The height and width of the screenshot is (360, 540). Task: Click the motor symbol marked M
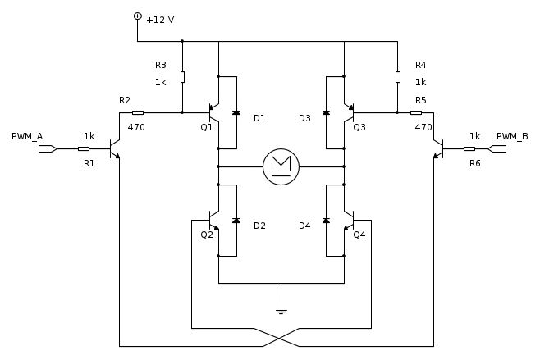281,167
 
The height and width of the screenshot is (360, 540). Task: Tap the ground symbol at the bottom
281,312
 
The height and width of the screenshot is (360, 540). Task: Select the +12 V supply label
160,20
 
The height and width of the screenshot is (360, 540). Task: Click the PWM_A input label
27,137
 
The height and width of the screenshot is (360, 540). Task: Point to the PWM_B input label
512,137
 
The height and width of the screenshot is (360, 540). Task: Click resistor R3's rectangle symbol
182,77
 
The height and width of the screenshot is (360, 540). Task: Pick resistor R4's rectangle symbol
398,77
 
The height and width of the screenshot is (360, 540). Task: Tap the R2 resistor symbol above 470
138,112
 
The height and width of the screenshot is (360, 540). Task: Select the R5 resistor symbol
416,112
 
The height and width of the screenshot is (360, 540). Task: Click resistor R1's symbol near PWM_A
84,148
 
